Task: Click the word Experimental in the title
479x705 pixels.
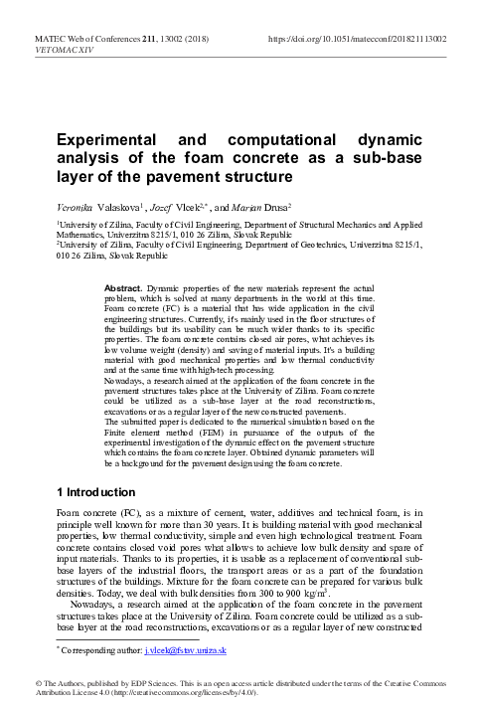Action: click(108, 143)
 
